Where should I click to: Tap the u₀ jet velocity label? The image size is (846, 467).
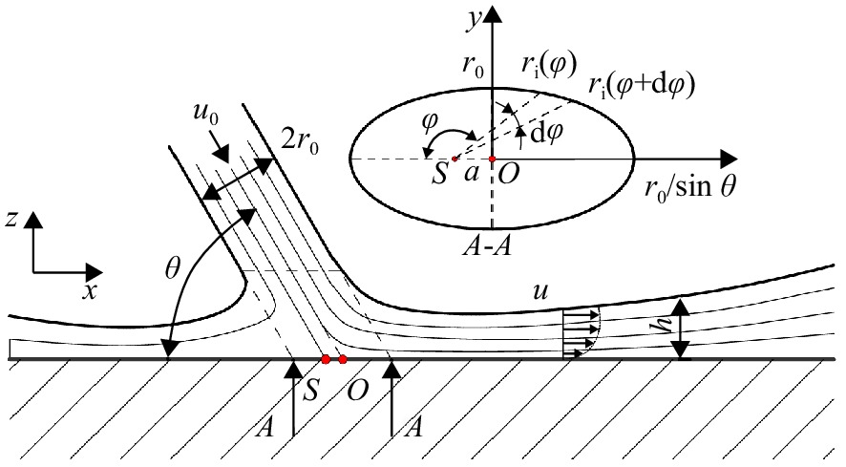(x=205, y=114)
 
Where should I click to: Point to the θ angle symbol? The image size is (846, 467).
(x=172, y=268)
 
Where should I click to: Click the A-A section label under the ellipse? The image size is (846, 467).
(x=487, y=246)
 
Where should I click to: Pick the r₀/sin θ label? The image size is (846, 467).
(x=690, y=187)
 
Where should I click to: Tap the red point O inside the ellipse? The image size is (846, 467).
(x=492, y=159)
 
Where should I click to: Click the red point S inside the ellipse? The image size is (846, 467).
(x=455, y=159)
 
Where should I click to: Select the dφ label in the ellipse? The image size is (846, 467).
(x=547, y=134)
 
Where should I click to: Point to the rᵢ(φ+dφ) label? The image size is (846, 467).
(x=641, y=85)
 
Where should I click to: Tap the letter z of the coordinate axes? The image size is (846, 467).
(x=11, y=220)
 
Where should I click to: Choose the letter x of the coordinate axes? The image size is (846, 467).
(x=90, y=291)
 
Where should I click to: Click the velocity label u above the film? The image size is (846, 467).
(x=539, y=292)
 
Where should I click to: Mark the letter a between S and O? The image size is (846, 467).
(x=471, y=174)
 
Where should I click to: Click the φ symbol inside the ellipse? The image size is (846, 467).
(x=429, y=123)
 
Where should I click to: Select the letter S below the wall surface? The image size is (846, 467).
(x=309, y=390)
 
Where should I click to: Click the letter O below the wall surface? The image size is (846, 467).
(x=356, y=391)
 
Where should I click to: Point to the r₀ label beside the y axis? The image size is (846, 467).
(x=473, y=66)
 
